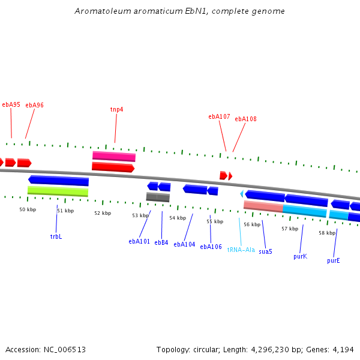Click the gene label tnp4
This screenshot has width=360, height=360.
116,109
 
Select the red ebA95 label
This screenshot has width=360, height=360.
11,104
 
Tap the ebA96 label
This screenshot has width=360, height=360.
34,105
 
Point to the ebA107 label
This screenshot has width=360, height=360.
219,116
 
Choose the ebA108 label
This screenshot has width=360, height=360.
245,119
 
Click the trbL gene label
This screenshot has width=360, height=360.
56,236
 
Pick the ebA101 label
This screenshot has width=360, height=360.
139,241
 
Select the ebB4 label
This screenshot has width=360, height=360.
161,242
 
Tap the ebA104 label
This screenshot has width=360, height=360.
184,244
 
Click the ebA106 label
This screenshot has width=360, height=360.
211,247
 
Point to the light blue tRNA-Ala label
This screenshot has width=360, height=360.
241,250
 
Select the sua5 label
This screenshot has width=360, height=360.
265,251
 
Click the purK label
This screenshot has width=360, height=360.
300,256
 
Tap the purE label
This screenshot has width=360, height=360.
334,260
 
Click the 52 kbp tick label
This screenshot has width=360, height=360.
103,213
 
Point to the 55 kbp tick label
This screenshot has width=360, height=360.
215,221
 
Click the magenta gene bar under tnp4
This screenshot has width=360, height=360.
114,157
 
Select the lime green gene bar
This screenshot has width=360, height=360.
58,191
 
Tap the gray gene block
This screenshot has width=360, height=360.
158,197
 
